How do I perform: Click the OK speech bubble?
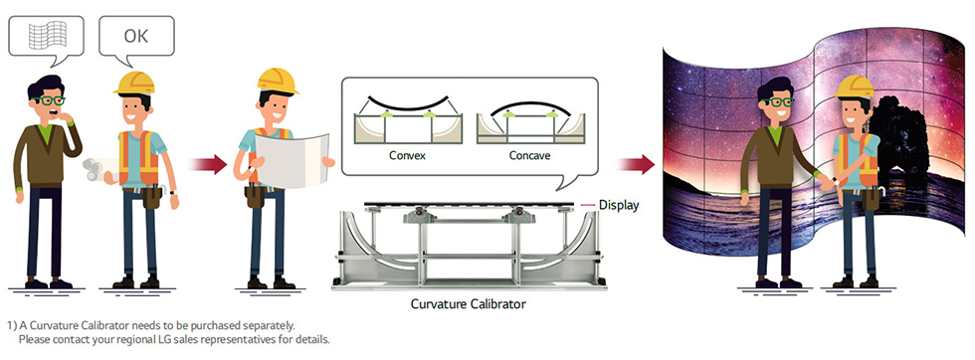pos(136,39)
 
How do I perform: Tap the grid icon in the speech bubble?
pos(48,36)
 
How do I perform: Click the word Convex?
pos(407,155)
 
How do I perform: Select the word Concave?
pos(529,155)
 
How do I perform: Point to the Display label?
pos(618,205)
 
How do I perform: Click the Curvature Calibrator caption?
pos(469,304)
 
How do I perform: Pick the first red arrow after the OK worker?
pos(208,164)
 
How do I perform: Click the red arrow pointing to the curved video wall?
pos(636,164)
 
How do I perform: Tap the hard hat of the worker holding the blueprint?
pos(278,81)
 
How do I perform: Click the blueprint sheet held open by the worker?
pos(292,160)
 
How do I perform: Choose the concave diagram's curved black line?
pos(529,108)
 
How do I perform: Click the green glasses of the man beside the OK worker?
pos(49,99)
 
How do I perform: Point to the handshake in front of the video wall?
pos(826,182)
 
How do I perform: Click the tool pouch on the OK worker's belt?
pos(151,198)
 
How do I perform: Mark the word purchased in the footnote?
pos(214,325)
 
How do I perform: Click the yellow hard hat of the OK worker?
pos(134,83)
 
